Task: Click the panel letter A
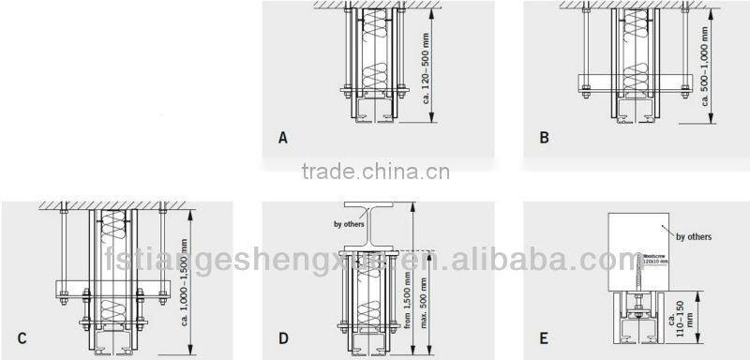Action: [282, 137]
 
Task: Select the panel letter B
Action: [545, 137]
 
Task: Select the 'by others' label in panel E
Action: [693, 237]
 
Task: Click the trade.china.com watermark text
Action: [375, 172]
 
